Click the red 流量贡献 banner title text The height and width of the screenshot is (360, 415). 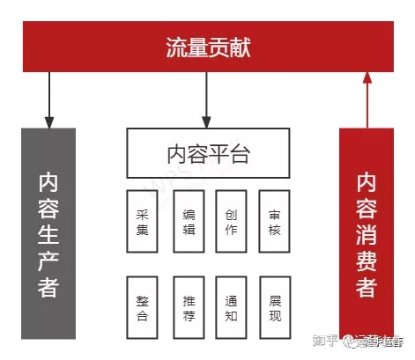coord(208,48)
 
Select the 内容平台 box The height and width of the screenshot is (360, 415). coord(208,154)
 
